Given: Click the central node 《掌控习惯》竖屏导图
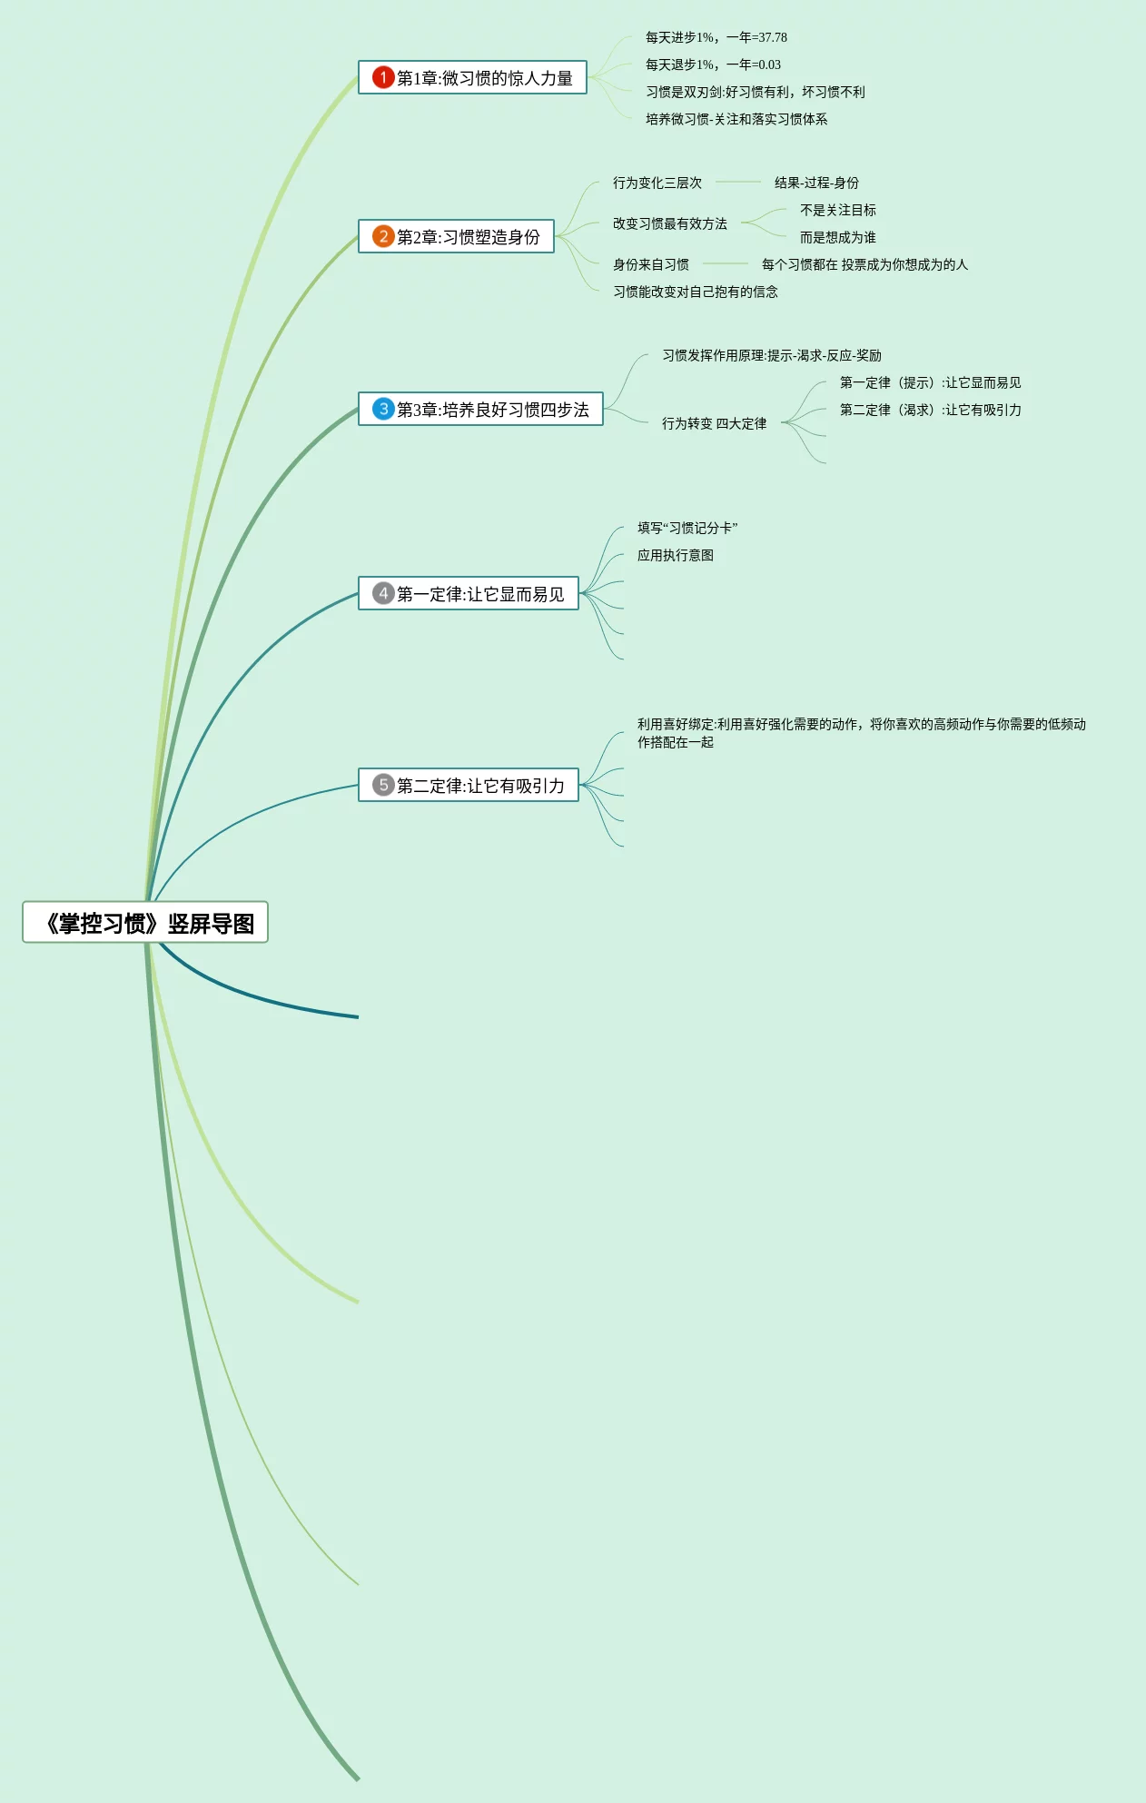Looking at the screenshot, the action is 145,923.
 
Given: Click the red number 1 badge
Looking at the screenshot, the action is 383,77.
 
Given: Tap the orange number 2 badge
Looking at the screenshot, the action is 383,236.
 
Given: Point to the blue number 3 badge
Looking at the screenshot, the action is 383,409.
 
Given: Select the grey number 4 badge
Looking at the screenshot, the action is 383,593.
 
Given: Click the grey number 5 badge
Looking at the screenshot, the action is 383,785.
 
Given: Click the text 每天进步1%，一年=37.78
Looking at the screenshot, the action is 716,37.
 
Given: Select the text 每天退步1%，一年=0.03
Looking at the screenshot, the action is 713,64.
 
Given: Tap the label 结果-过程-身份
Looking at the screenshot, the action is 816,183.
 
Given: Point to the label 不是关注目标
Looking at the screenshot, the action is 837,210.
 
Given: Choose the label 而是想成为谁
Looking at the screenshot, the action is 837,237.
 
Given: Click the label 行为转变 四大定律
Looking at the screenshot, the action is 714,423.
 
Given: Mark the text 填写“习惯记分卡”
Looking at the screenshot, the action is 687,528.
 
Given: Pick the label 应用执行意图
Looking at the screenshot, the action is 675,555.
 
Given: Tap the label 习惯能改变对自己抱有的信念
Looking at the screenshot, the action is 695,292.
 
